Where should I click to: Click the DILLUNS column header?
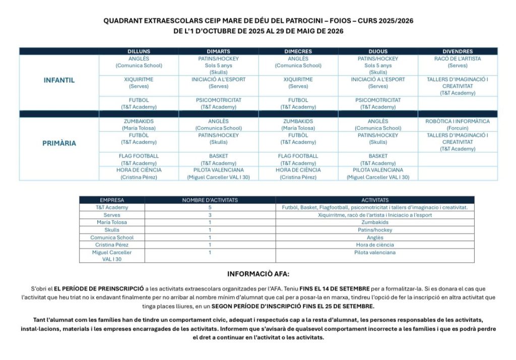click(x=139, y=51)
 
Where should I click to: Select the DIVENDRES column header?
click(x=458, y=51)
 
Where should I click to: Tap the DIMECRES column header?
click(x=298, y=51)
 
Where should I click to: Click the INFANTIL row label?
click(x=59, y=80)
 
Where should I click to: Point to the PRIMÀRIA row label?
click(x=59, y=143)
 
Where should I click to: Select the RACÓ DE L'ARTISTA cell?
click(x=458, y=62)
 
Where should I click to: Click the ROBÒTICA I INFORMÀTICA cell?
click(x=458, y=125)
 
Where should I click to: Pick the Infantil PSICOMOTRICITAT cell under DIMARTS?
click(x=219, y=103)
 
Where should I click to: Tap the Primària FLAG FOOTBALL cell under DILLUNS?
click(x=139, y=159)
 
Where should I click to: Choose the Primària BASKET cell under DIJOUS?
click(x=378, y=159)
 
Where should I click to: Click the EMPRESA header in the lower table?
click(x=112, y=200)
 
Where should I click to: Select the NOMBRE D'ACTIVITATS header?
click(x=210, y=200)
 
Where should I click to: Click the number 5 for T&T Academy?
click(x=210, y=207)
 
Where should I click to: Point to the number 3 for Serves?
click(x=210, y=215)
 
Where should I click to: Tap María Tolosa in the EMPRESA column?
click(x=112, y=222)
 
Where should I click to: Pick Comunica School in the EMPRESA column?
click(x=112, y=237)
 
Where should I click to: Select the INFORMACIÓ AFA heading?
click(x=258, y=274)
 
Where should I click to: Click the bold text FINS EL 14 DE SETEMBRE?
click(x=334, y=288)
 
